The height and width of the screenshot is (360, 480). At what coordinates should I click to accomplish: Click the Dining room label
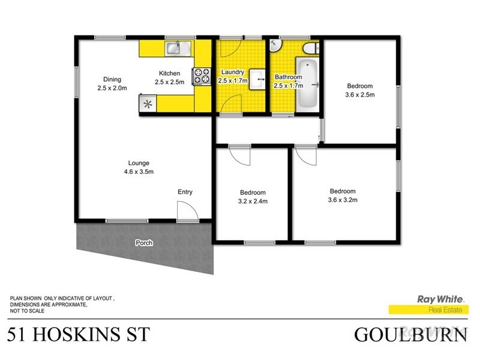(x=112, y=79)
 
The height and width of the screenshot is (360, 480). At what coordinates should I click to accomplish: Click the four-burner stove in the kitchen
(x=202, y=76)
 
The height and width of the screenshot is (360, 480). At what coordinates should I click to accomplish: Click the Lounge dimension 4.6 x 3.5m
(x=139, y=172)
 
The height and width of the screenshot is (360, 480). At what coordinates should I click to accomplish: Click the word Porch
(x=144, y=243)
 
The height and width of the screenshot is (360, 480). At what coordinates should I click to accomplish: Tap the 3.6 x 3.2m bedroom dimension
(x=343, y=200)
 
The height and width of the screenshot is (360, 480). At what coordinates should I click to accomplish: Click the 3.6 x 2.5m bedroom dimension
(x=359, y=94)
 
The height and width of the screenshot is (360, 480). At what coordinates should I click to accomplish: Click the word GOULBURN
(x=410, y=334)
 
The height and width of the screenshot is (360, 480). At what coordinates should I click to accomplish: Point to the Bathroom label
(x=289, y=77)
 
